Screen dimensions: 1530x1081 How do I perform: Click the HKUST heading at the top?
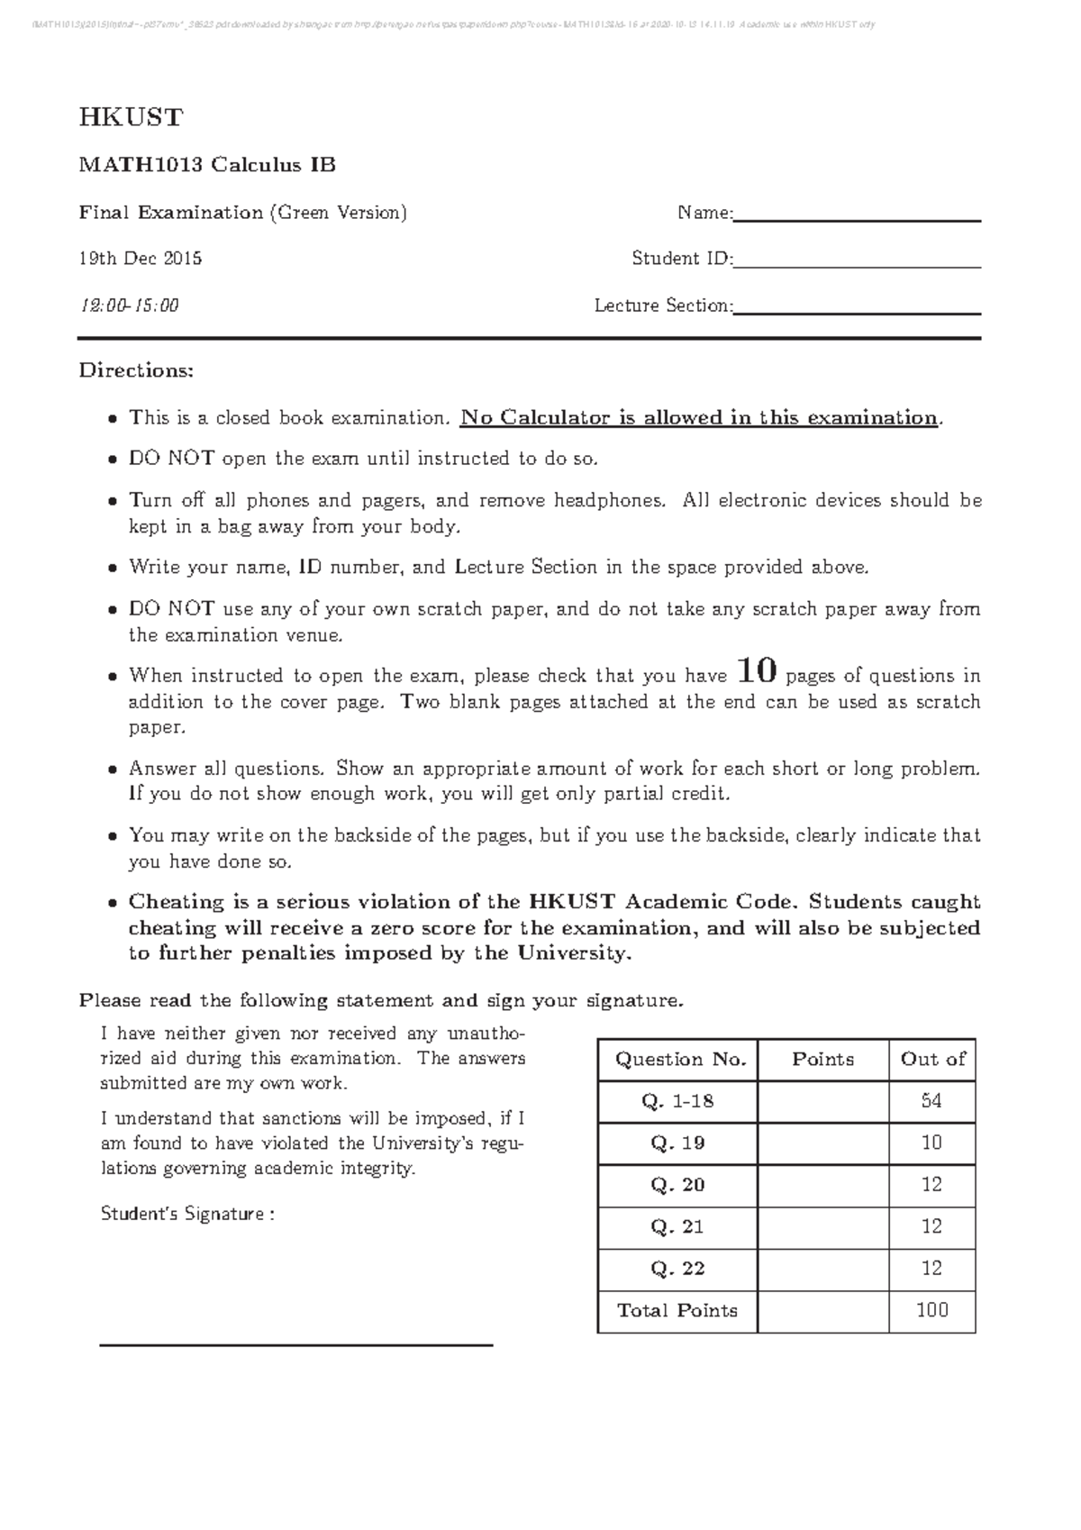click(x=131, y=118)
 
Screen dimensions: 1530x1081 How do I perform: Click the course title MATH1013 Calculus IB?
click(x=207, y=165)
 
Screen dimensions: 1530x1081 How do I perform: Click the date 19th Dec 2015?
click(x=141, y=260)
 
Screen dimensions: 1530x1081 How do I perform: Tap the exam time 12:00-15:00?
click(x=130, y=305)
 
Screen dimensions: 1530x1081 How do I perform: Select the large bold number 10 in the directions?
click(x=756, y=670)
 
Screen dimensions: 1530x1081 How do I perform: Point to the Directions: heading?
click(x=136, y=370)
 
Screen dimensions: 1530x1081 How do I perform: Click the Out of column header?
click(x=931, y=1060)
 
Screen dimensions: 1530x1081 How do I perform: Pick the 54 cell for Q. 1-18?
click(x=931, y=1101)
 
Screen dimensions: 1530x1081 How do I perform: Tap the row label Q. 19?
click(x=677, y=1143)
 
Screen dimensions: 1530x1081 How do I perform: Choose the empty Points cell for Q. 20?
click(x=822, y=1185)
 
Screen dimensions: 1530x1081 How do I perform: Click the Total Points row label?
click(x=677, y=1310)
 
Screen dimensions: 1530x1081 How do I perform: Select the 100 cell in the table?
click(x=931, y=1310)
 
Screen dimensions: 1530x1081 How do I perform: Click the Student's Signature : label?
click(x=187, y=1214)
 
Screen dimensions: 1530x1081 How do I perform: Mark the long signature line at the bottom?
click(x=295, y=1344)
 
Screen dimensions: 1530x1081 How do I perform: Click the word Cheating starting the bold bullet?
click(x=177, y=902)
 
